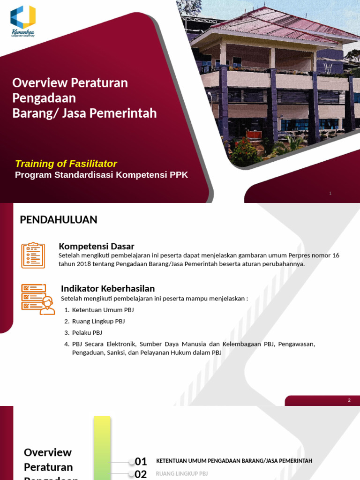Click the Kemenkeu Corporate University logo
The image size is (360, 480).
[23, 21]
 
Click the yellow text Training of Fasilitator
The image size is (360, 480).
[66, 164]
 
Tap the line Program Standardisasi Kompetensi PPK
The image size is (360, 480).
[101, 175]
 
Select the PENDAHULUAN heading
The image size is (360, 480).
[59, 219]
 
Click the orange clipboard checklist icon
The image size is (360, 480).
[33, 255]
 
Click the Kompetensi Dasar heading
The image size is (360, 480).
[96, 246]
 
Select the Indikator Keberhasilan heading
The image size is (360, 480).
[108, 288]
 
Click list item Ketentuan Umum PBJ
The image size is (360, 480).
[103, 310]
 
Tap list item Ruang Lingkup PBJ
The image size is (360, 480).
[98, 321]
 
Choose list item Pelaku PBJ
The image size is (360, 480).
[87, 332]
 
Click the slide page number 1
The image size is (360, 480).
[330, 193]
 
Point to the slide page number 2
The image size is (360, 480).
[349, 400]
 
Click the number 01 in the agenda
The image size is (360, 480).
[141, 461]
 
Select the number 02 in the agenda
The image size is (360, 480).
[141, 474]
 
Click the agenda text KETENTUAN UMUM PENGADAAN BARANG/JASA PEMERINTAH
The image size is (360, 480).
[234, 461]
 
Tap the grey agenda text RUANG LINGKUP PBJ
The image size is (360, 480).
[182, 473]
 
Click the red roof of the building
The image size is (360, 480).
[281, 26]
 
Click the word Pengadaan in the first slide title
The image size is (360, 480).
[44, 98]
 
